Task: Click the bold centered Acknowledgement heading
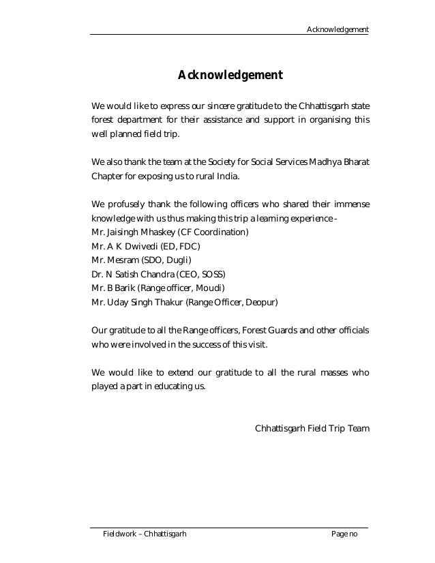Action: [x=230, y=74]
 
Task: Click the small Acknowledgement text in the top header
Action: [x=337, y=29]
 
